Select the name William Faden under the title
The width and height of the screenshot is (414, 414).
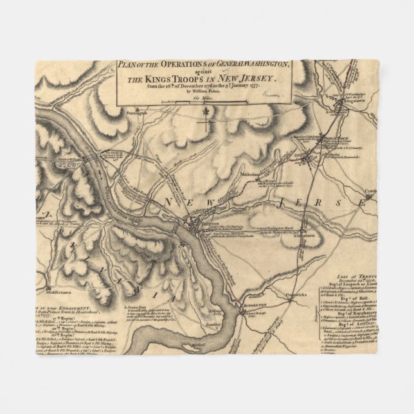(203, 91)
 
